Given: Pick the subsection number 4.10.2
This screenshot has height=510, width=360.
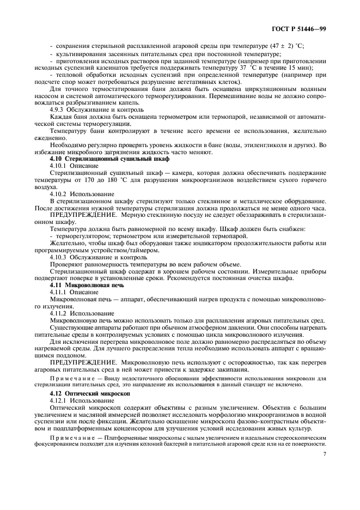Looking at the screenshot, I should point(58,193).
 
